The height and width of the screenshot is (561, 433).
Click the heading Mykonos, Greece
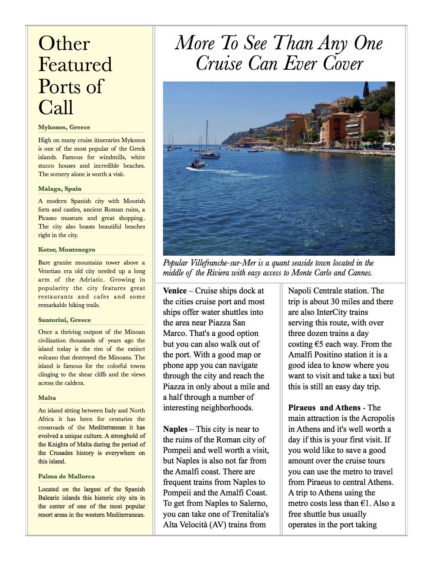64,127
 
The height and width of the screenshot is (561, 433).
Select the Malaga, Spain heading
60,189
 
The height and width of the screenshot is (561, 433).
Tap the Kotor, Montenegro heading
67,250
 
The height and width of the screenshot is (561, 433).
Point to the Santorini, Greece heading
65,320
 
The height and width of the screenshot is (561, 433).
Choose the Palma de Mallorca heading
66,476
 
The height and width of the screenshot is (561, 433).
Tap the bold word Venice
175,291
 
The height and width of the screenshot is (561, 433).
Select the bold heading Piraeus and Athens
324,407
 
